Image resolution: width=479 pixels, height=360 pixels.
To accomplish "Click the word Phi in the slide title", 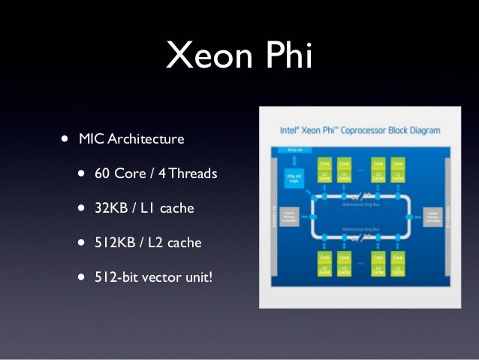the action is click(x=286, y=55).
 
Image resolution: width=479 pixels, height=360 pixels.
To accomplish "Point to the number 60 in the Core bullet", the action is click(x=103, y=174).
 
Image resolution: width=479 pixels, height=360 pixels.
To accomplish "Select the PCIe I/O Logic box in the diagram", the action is click(x=293, y=177).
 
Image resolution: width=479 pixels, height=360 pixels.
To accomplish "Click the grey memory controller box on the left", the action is click(x=290, y=216).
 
